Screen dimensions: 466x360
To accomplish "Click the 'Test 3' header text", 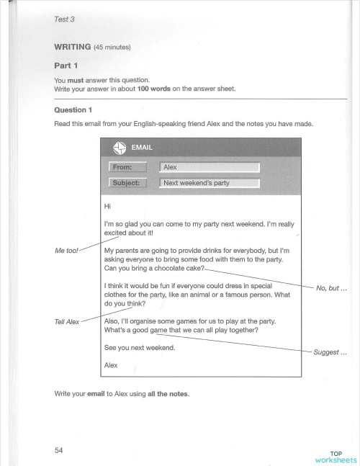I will coord(64,19).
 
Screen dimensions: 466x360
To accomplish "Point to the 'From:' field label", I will coord(127,167).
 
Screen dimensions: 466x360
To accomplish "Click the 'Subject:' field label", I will coord(128,183).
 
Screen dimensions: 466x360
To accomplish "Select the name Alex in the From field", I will coord(171,167).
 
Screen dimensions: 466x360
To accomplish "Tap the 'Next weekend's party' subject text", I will coord(197,183).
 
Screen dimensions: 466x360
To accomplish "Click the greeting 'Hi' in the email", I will coord(108,208).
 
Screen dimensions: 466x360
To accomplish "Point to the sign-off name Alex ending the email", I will coord(112,365).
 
